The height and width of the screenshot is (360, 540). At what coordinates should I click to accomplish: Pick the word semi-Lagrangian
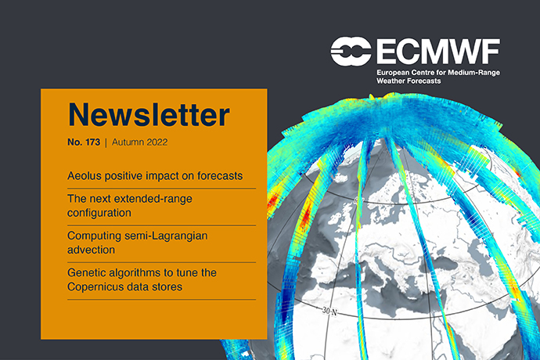tap(178, 236)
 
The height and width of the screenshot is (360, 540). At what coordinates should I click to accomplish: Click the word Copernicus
tap(101, 286)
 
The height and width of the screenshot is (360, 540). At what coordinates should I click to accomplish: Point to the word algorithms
tap(144, 273)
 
